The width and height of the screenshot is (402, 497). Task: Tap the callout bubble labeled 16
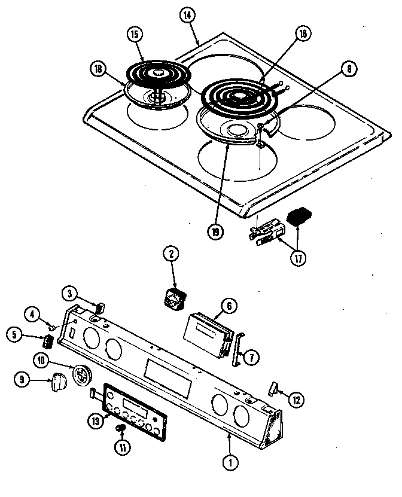[x=303, y=34]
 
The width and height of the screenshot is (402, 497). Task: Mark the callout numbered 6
[x=227, y=305]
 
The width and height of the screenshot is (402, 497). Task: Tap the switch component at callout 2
[x=175, y=297]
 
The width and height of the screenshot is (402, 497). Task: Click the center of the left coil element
[x=157, y=73]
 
